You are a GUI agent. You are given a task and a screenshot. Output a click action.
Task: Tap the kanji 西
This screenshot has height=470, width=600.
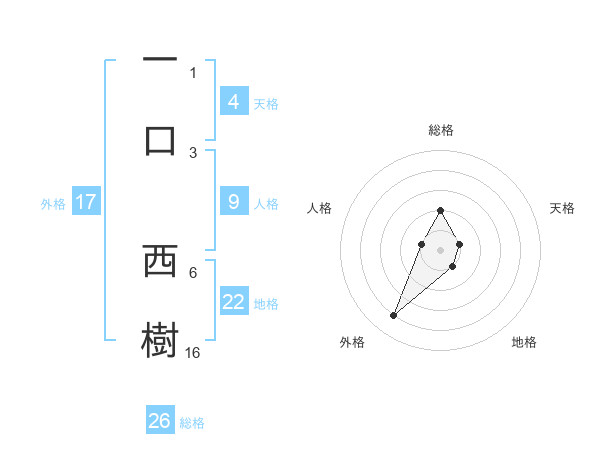tap(160, 262)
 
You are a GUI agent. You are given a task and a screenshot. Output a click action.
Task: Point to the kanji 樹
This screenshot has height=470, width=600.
tap(160, 338)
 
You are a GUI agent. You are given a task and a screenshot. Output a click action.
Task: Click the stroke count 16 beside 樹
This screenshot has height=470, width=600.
tap(193, 353)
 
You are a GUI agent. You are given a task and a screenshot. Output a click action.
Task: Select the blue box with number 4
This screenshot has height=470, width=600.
tap(233, 102)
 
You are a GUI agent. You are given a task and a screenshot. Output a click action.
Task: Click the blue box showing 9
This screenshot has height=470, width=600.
tap(233, 202)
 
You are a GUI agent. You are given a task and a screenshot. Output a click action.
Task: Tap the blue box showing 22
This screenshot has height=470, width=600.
tap(233, 302)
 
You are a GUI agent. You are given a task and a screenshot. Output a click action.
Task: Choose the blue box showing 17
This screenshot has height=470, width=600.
tap(85, 202)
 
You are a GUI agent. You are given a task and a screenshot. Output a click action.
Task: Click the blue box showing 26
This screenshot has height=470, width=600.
tap(159, 421)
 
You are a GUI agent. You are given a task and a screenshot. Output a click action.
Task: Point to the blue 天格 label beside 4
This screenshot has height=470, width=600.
tap(266, 103)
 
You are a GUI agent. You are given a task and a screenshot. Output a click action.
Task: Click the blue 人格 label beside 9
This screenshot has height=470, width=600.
tap(266, 203)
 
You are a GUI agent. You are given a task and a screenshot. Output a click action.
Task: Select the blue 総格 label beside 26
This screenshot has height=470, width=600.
tap(192, 422)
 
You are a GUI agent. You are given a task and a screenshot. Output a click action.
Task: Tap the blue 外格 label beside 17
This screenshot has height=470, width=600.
tap(53, 203)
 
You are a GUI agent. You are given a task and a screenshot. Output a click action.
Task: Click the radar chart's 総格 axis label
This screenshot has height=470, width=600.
tap(440, 130)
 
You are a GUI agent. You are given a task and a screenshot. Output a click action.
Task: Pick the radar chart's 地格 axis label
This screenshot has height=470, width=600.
tap(524, 342)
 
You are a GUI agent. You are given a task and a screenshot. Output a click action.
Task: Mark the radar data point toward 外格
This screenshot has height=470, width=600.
tap(393, 316)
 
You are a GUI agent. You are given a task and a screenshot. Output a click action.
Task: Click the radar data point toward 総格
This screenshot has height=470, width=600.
tap(440, 210)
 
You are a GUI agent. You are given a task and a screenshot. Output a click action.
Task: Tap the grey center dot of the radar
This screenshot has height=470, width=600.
tap(440, 248)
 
